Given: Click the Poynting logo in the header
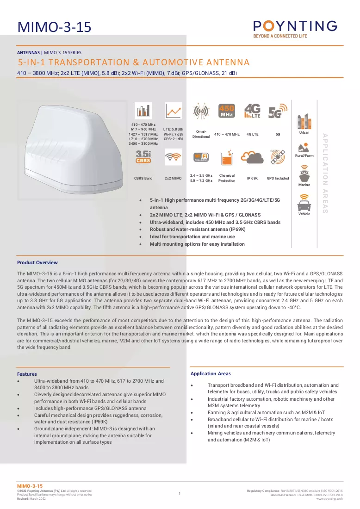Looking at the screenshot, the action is coord(295,29).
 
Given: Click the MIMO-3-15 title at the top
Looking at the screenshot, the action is coord(54,27).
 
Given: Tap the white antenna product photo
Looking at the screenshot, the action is coord(74,149).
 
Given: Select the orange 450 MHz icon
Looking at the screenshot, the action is coord(227,111).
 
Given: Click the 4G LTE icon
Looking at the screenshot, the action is coord(252,111).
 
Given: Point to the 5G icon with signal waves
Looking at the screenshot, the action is coord(278,111).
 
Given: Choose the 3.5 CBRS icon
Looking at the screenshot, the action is coord(143,156).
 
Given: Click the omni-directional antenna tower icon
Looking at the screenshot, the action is coord(201,112).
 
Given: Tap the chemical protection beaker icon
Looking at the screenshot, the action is coord(227,158).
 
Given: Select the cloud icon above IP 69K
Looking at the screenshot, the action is coord(252,157).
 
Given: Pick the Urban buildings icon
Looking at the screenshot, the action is coord(304,122).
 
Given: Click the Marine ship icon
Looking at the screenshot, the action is coord(304,174).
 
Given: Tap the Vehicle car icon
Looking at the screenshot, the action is coord(304,203).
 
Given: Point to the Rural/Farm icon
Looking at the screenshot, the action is coord(304,148).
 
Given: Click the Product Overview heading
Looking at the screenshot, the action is coord(37,263).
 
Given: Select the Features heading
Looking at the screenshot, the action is coord(27,374).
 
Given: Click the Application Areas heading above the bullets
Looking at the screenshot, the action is coord(211,373).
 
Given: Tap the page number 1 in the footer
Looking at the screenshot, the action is coord(180,493).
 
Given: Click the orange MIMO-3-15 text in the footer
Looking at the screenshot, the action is coord(30,486).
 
